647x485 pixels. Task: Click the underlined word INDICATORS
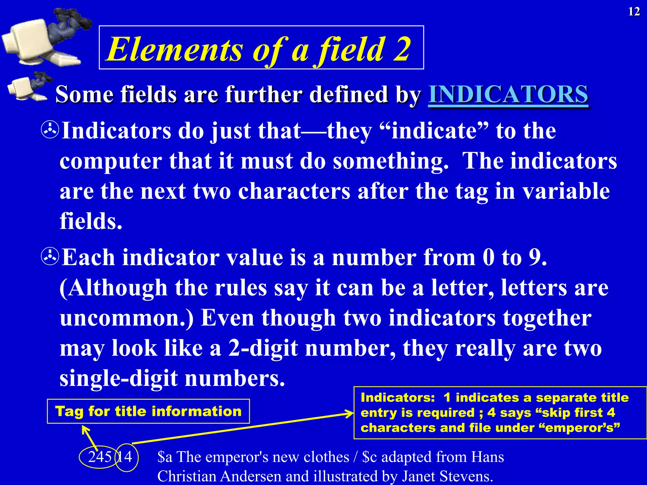pyautogui.click(x=508, y=94)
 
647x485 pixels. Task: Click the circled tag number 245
pyautogui.click(x=100, y=457)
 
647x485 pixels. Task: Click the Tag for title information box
pyautogui.click(x=148, y=411)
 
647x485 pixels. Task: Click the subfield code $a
pyautogui.click(x=165, y=457)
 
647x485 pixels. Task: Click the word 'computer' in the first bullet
pyautogui.click(x=110, y=161)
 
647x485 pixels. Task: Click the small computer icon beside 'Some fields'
pyautogui.click(x=27, y=88)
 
